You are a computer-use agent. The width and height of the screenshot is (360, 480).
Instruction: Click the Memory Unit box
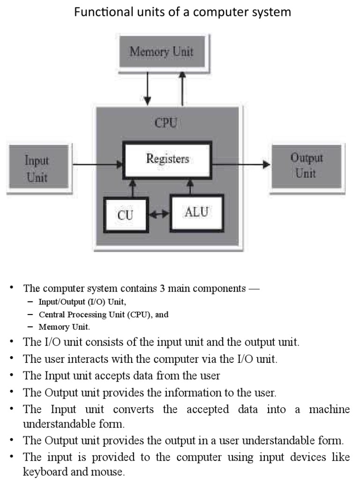[x=161, y=51]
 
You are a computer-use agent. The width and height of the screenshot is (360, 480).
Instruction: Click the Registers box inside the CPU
[x=167, y=159]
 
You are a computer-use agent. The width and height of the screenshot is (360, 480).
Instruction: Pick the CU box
[x=125, y=215]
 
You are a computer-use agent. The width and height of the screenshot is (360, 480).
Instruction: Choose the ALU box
[x=196, y=212]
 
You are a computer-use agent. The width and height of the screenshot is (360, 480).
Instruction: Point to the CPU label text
[x=167, y=124]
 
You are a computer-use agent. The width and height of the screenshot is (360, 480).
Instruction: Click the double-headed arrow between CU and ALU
[x=159, y=215]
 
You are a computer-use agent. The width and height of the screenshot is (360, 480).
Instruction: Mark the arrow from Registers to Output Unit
[x=241, y=165]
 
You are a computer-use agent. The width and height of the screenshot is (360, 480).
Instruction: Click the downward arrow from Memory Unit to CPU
[x=148, y=87]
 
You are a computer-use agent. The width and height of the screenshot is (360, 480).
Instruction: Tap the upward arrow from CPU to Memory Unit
[x=182, y=87]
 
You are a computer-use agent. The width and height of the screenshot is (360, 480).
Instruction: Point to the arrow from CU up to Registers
[x=133, y=188]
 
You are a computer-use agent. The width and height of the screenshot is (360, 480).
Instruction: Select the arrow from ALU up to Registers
[x=190, y=187]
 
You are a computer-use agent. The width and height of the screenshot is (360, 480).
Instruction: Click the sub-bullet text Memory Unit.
[x=64, y=327]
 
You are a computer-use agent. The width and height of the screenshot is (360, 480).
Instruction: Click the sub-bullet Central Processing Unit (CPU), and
[x=103, y=315]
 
